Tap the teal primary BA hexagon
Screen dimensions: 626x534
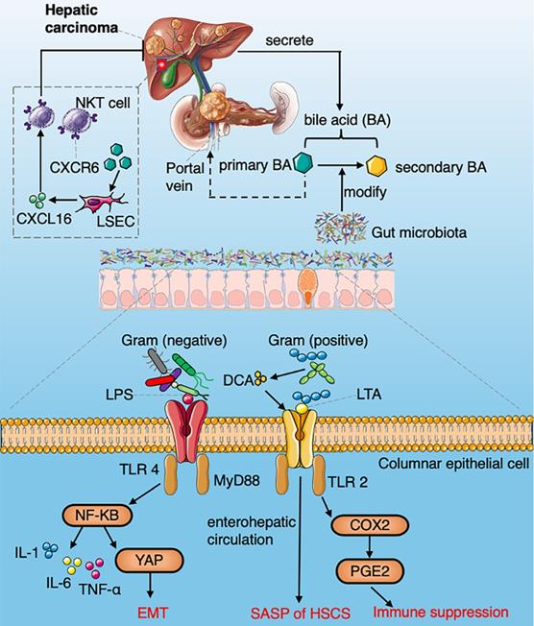point(304,165)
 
